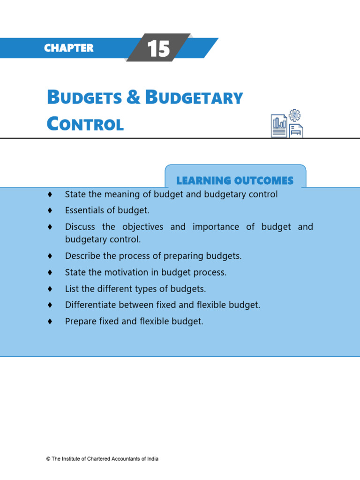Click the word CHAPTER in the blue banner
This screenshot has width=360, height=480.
coord(68,48)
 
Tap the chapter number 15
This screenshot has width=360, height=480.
coord(158,49)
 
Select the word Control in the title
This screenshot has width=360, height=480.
coord(85,124)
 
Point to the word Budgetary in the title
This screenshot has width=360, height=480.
coord(194,98)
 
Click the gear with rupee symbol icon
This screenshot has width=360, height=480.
coord(295,115)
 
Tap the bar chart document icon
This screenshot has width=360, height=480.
coord(279,126)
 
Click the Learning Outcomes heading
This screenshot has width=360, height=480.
coord(235,180)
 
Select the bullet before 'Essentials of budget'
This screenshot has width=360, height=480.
coord(49,210)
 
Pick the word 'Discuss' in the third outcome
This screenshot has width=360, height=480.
coord(80,227)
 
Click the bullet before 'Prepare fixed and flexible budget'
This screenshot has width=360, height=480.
coord(49,322)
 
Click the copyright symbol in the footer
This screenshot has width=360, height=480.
coord(48,459)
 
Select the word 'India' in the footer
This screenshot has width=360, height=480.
coord(152,459)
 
